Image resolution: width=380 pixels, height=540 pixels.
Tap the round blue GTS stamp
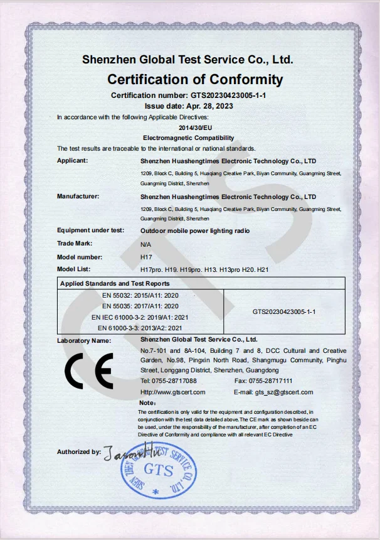coord(158,468)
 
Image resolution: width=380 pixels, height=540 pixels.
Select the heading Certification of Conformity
coord(195,80)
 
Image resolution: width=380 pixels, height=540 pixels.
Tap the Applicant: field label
coord(72,161)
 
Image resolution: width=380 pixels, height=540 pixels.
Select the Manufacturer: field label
coord(78,197)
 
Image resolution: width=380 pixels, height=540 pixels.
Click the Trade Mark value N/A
coord(145,244)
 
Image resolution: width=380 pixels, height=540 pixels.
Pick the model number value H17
coord(145,257)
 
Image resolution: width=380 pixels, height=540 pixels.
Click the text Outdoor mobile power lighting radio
coord(195,231)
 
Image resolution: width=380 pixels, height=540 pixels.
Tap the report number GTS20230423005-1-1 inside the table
coord(283,311)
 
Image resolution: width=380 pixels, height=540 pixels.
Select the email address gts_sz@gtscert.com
coord(284,392)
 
